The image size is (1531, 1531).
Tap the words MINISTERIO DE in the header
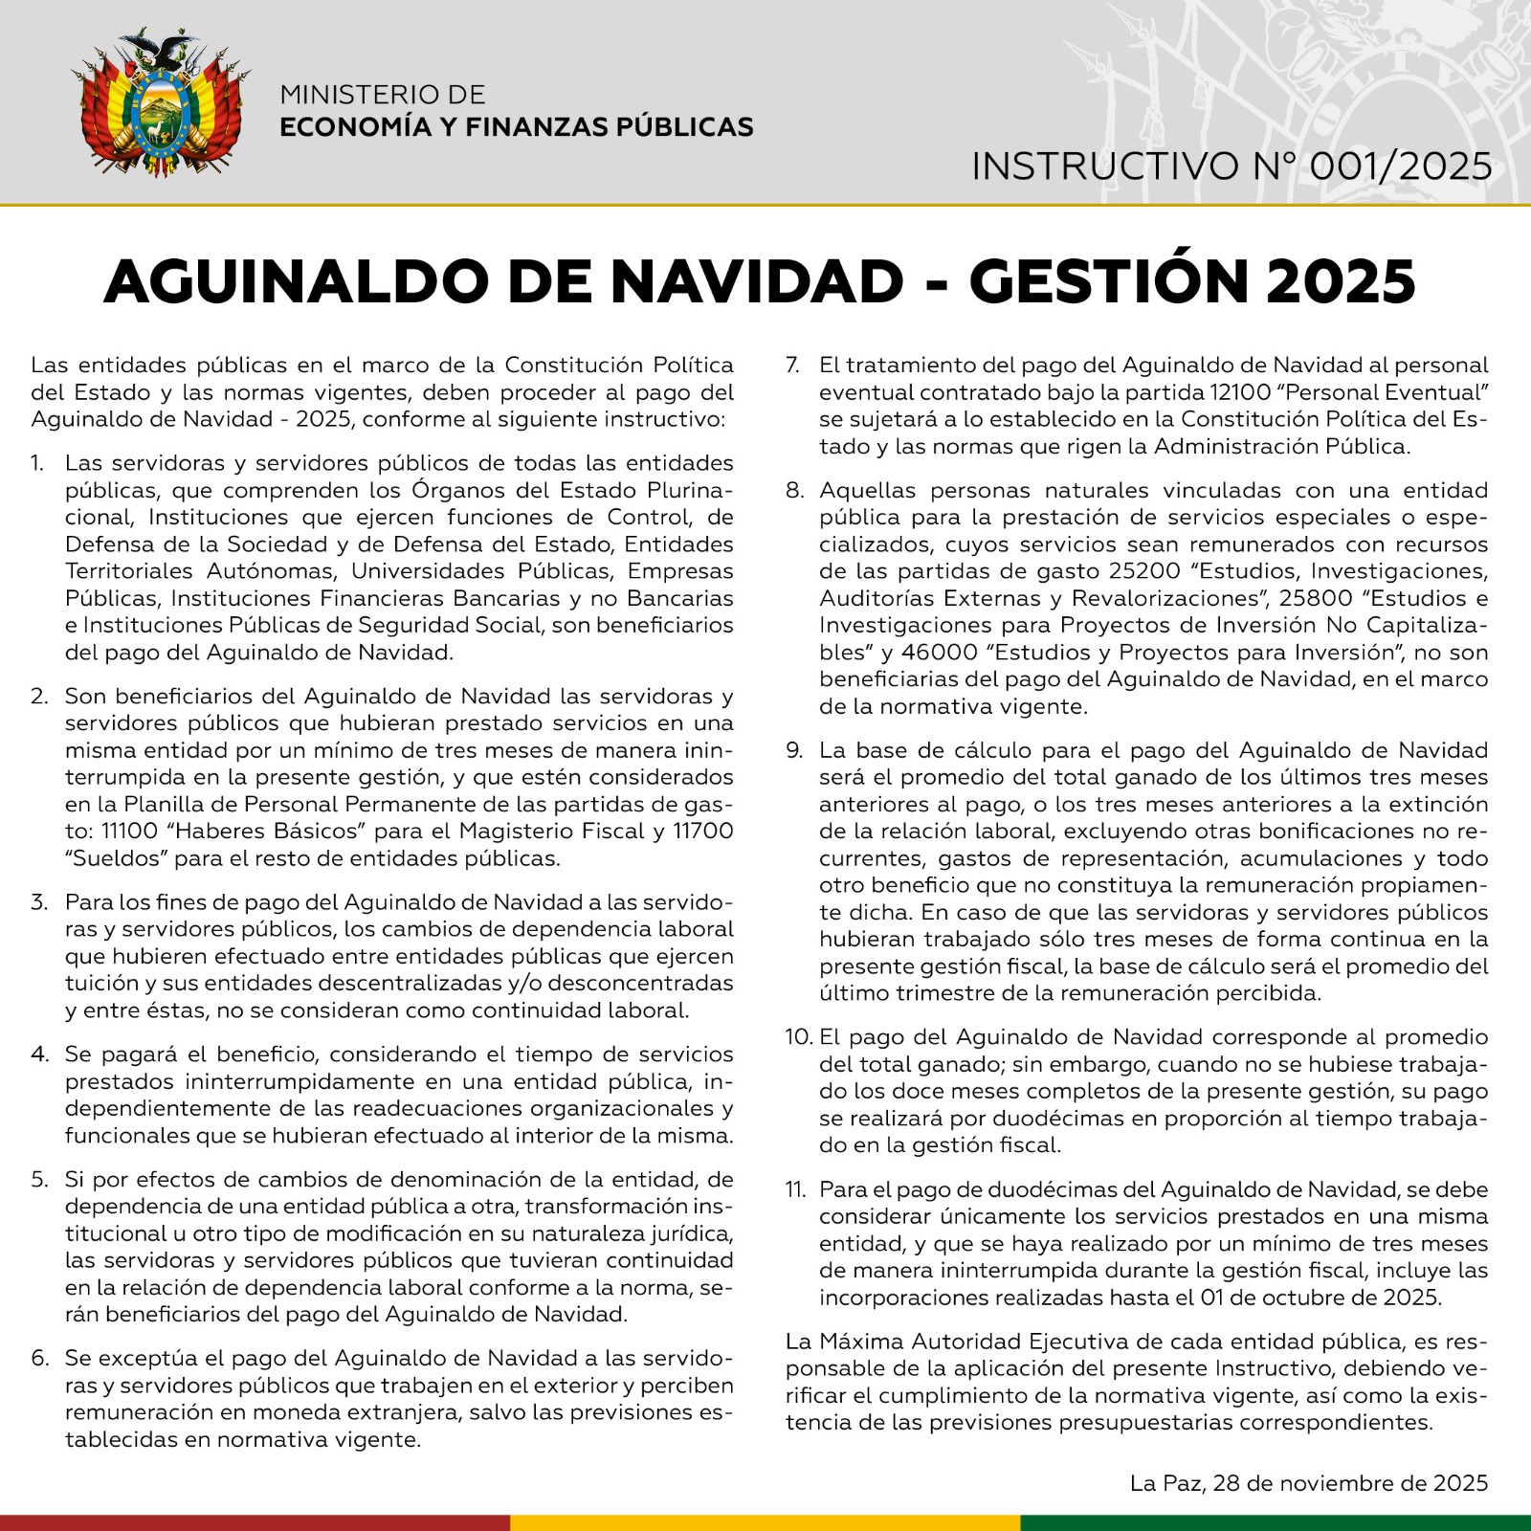[x=383, y=95]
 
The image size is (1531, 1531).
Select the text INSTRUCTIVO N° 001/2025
[x=1231, y=166]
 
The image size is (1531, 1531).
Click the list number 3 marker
[x=39, y=902]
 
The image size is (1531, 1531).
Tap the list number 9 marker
[x=794, y=750]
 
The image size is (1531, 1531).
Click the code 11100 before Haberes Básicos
[x=129, y=831]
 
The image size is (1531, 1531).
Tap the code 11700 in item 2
[x=703, y=831]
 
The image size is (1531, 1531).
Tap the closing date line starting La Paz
[x=1308, y=1483]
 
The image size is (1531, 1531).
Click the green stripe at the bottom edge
[x=1276, y=1522]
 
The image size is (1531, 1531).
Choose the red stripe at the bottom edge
[x=255, y=1522]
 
